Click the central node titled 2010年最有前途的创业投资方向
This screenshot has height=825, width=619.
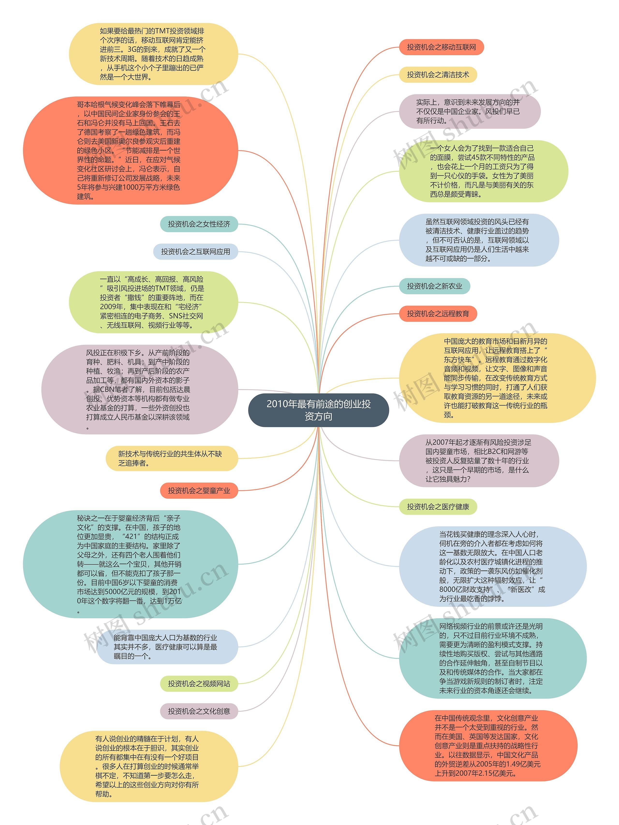click(x=318, y=410)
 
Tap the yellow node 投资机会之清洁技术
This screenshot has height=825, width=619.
click(x=438, y=74)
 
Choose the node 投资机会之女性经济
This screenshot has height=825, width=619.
click(x=199, y=224)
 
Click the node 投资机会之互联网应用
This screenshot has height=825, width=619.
click(x=195, y=251)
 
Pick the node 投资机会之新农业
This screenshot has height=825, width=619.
click(x=435, y=286)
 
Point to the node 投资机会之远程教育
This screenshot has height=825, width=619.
click(x=438, y=314)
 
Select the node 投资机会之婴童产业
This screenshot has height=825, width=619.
click(x=199, y=490)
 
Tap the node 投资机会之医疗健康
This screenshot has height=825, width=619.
click(x=438, y=507)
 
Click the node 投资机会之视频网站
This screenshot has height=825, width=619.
click(x=199, y=683)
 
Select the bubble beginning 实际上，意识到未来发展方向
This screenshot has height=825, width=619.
click(x=470, y=111)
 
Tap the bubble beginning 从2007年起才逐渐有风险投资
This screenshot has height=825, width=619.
click(x=479, y=461)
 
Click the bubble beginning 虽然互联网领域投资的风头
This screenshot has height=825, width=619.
click(x=479, y=240)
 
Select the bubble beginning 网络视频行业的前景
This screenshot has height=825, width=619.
click(x=492, y=658)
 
